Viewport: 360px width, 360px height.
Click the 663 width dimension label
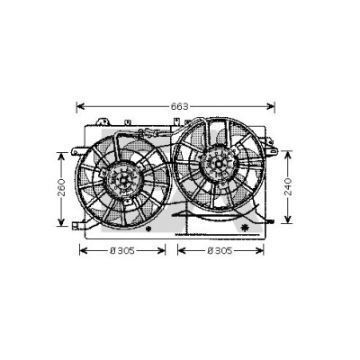point(179,106)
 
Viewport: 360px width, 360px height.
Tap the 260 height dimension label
point(61,187)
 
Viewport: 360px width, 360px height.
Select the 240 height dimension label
point(288,186)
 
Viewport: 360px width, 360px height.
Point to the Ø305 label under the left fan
point(122,250)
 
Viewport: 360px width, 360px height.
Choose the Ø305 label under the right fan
point(220,250)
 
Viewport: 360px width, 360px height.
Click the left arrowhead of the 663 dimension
point(81,106)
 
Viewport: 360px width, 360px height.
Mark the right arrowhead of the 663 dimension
point(271,106)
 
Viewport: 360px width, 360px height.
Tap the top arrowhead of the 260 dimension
point(61,156)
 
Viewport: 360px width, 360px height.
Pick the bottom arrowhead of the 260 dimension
point(61,222)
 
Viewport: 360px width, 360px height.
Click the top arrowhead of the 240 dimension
point(288,155)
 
